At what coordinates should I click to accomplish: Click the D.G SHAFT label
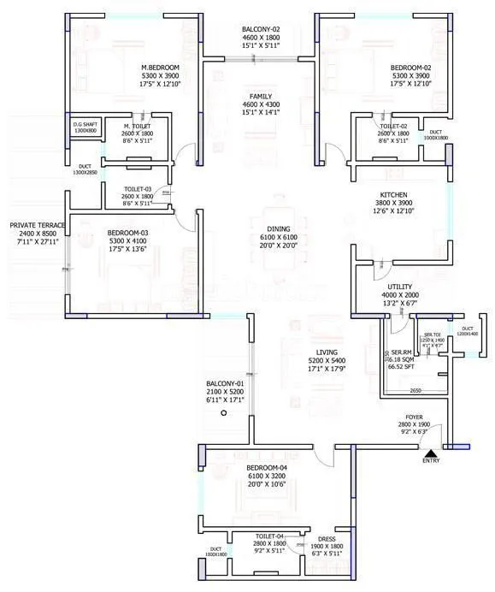click(x=85, y=125)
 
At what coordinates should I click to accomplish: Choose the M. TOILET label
click(x=137, y=125)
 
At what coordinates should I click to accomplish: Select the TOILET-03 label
click(x=138, y=187)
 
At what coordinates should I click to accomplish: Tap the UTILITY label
click(x=400, y=287)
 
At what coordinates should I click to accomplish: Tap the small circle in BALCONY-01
click(x=223, y=413)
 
